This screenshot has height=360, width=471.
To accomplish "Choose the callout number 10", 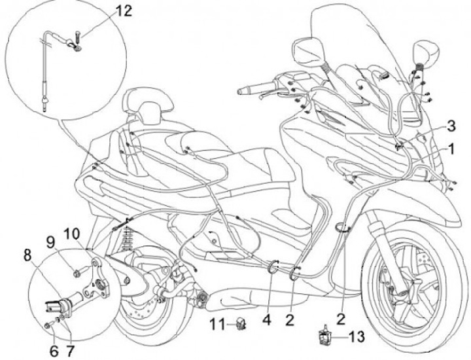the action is (73, 234).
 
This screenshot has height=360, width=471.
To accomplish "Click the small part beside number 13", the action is (324, 336).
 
